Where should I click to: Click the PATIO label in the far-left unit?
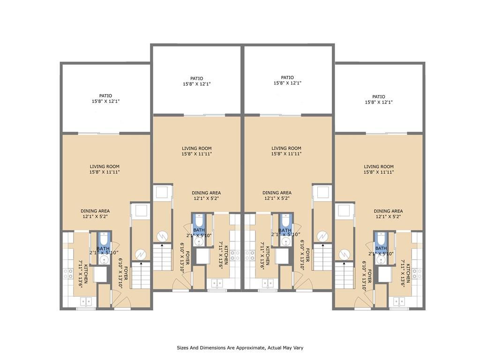coord(105,96)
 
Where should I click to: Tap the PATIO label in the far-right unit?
coord(379,97)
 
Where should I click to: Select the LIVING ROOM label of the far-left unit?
coord(105,166)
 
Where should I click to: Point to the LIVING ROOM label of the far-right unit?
coord(379,166)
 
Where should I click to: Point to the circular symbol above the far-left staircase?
coord(141,255)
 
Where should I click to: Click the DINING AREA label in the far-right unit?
coord(388,211)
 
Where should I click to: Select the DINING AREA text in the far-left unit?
coord(95,211)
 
